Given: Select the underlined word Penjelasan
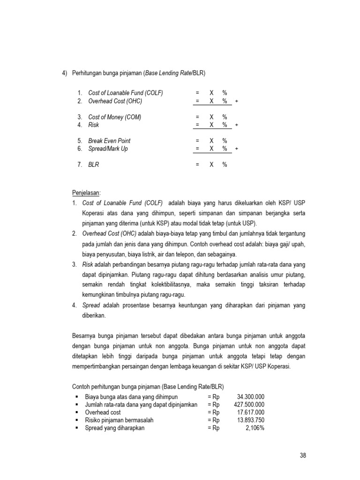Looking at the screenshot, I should [87, 193].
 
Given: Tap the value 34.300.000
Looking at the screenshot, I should [251, 396].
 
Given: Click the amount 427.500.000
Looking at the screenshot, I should [249, 404].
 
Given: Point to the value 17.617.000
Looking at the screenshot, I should [251, 412].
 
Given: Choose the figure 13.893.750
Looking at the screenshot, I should [251, 420].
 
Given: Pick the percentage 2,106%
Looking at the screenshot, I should [255, 428].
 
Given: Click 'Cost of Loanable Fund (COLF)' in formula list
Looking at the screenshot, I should [126, 93].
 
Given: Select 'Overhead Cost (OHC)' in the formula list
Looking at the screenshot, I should [115, 101].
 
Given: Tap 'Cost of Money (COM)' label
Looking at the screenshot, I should [114, 117].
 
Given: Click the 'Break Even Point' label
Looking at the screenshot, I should [109, 141].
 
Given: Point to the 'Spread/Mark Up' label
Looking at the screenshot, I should [108, 149].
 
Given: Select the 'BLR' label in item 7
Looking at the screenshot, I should [94, 165].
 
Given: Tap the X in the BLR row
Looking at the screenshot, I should [211, 165].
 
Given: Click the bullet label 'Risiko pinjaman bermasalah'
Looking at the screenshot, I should [119, 420].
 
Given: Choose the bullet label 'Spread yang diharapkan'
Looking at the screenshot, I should [114, 428].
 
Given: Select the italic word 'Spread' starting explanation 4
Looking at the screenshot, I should [91, 305].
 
